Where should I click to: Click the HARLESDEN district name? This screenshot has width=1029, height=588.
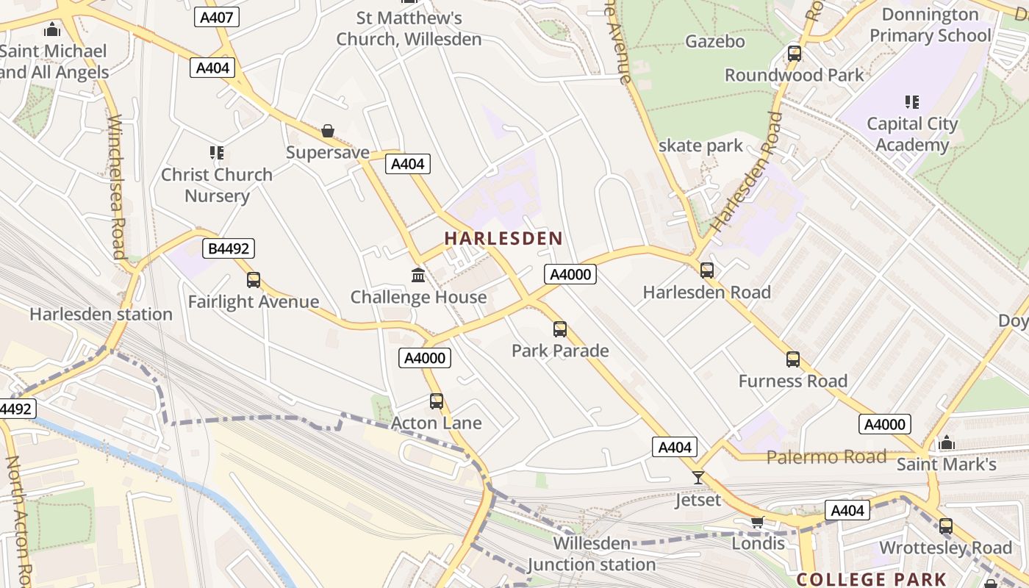[503, 238]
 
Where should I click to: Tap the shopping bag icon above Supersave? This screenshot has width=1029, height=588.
[328, 132]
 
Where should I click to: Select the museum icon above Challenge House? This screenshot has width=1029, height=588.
[418, 276]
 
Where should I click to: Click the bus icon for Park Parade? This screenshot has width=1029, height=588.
[560, 329]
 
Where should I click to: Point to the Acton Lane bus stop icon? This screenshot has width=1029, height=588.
[437, 401]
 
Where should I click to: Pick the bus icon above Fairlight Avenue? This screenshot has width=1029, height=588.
[254, 280]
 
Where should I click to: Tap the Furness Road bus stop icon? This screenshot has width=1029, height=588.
[793, 359]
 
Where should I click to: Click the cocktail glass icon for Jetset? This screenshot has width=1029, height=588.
[698, 478]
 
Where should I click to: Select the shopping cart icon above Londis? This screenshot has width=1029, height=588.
[758, 522]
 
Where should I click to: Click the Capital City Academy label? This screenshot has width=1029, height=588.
[912, 134]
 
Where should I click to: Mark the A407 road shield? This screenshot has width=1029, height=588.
[218, 18]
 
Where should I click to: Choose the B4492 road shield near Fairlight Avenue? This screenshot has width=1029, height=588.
[229, 248]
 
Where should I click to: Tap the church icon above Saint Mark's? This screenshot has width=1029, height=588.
[947, 442]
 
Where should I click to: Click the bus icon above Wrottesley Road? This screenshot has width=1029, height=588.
[946, 526]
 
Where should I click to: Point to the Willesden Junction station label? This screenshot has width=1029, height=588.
[592, 554]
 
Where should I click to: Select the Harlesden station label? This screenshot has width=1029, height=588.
[101, 315]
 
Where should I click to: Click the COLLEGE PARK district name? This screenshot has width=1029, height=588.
[872, 579]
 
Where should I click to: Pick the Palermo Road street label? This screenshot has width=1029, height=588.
[826, 457]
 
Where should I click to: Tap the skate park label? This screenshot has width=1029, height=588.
[700, 146]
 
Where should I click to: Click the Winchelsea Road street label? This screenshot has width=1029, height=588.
[116, 187]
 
